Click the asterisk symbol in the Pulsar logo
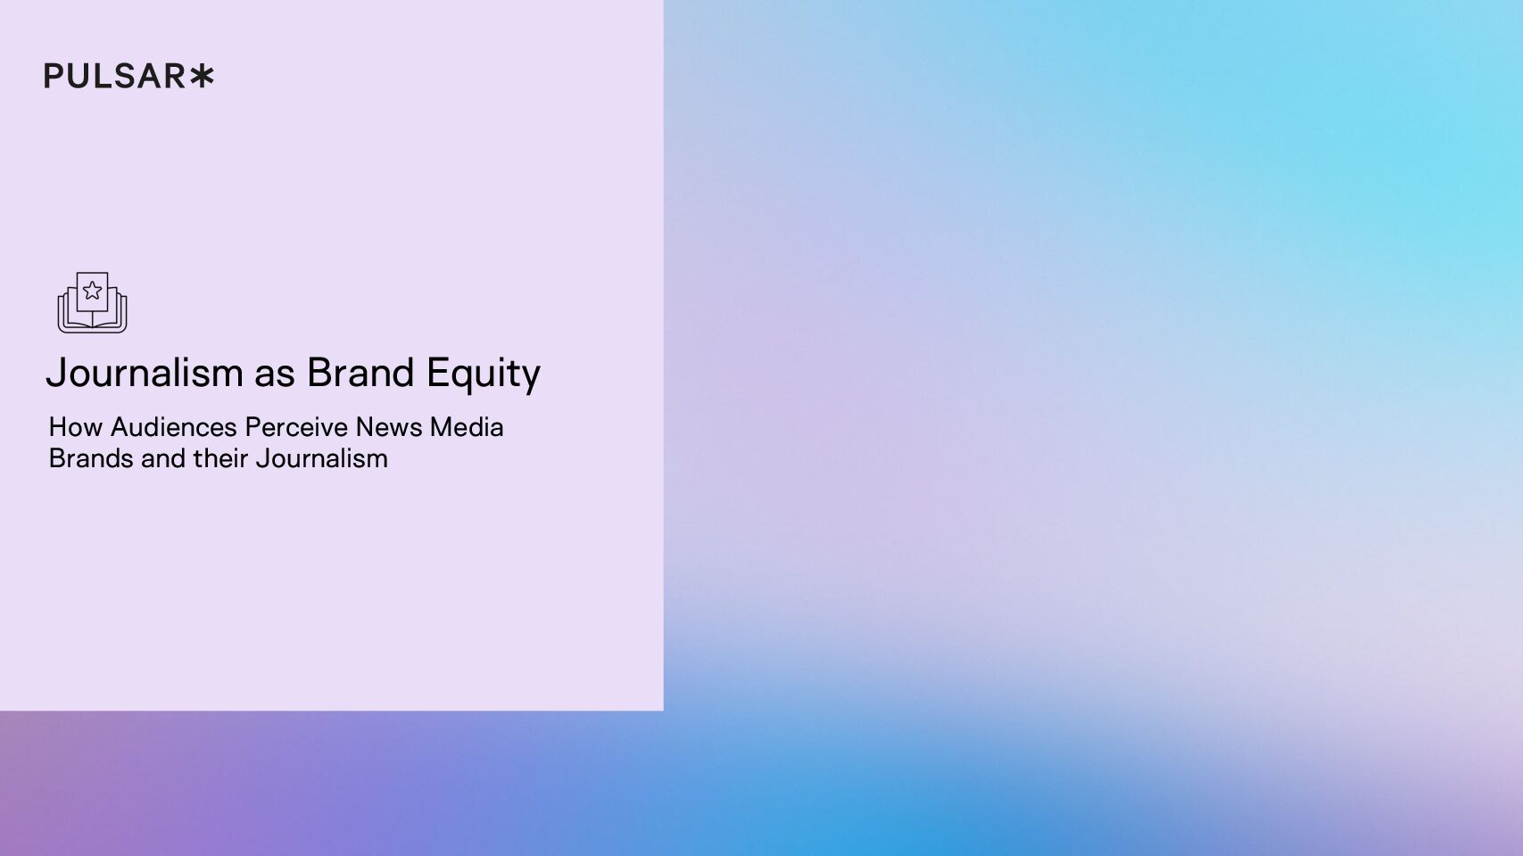(x=202, y=76)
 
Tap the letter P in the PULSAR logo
(x=54, y=76)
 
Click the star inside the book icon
(x=93, y=291)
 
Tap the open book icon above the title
(x=93, y=302)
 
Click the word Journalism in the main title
(x=145, y=373)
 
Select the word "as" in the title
(x=275, y=374)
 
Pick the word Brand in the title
(x=360, y=373)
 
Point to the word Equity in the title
(x=484, y=374)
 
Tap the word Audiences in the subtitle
(x=173, y=427)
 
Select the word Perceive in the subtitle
(x=296, y=427)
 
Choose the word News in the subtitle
(x=389, y=427)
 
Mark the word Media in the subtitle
(x=467, y=427)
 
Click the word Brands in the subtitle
(x=91, y=458)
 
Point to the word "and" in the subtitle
(x=163, y=458)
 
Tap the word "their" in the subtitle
(x=220, y=458)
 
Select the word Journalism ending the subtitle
(x=321, y=458)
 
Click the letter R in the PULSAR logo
(x=175, y=76)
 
